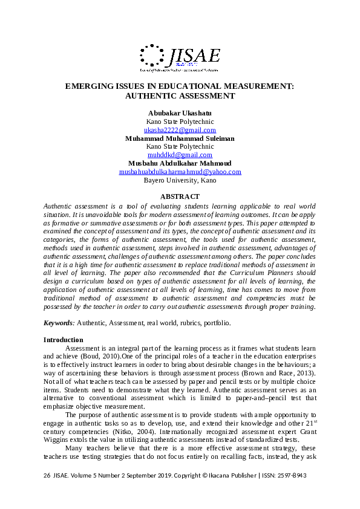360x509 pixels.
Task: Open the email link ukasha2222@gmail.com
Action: [x=180, y=130]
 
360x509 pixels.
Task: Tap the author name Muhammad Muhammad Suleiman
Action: [x=180, y=138]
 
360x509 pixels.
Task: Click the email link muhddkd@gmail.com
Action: [x=180, y=155]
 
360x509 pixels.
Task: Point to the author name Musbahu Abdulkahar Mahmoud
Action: [x=180, y=163]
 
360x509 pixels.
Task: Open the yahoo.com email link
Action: [x=180, y=172]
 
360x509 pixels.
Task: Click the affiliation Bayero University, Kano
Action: [x=180, y=180]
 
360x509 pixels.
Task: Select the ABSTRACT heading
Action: [x=180, y=196]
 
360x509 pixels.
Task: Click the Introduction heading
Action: [x=63, y=340]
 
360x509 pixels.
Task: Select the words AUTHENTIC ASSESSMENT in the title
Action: [x=180, y=96]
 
